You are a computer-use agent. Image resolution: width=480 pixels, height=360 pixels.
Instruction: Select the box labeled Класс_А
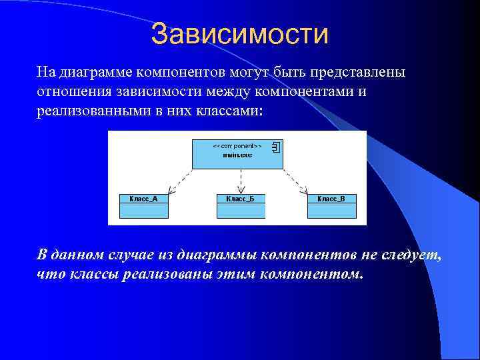point(144,206)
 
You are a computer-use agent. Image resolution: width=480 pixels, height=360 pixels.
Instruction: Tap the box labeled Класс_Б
point(241,206)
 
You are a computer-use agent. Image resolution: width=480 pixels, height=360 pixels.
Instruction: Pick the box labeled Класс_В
point(331,206)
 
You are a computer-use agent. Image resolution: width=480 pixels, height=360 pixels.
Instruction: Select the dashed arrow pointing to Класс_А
point(179,181)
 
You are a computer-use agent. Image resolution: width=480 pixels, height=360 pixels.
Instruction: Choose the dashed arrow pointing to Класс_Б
point(241,181)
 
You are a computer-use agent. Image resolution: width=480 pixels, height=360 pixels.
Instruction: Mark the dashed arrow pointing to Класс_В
point(297,181)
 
